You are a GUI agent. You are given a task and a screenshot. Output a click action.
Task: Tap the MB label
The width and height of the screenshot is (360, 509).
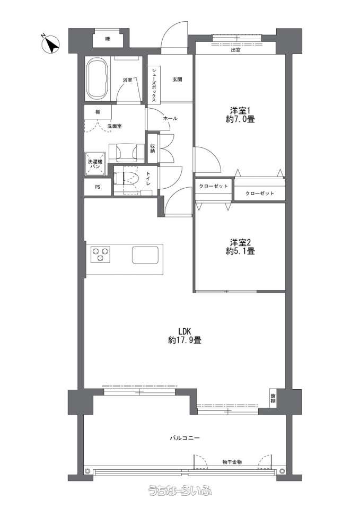(108, 39)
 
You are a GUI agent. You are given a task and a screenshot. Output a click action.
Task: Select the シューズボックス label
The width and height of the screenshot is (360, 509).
(153, 85)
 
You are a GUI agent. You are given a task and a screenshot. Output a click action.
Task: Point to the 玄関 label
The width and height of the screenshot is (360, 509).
(177, 79)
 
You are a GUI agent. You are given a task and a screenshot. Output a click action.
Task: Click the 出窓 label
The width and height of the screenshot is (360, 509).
(235, 50)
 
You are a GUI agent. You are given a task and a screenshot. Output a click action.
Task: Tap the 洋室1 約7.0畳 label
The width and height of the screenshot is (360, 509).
(240, 115)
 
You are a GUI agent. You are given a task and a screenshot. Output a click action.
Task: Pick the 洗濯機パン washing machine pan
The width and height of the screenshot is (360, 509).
(95, 164)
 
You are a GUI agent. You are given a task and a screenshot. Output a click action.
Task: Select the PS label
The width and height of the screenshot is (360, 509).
(98, 187)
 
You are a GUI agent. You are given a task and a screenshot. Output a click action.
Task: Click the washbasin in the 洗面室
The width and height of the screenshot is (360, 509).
(126, 152)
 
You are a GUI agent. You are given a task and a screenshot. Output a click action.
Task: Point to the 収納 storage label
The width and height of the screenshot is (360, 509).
(153, 148)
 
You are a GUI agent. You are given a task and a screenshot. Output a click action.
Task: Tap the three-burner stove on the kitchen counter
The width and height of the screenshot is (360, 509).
(100, 254)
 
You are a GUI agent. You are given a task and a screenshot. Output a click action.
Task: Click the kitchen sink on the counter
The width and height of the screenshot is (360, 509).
(145, 255)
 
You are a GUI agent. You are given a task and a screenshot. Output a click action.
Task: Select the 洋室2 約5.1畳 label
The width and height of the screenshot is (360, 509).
(240, 247)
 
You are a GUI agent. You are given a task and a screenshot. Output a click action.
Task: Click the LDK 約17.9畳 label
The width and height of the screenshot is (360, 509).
(185, 336)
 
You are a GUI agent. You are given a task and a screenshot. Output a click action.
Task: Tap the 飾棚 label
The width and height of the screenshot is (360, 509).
(274, 398)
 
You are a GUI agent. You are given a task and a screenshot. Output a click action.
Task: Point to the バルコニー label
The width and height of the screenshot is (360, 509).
(185, 438)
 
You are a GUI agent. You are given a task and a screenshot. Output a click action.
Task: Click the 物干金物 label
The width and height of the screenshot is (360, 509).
(232, 462)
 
